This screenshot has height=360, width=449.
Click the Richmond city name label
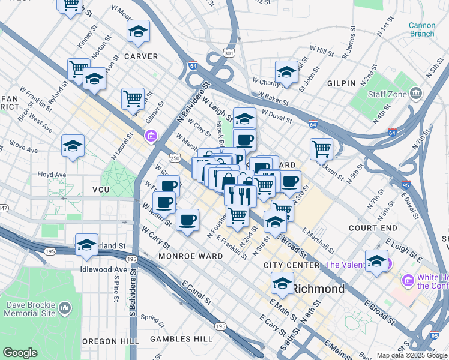[318, 289]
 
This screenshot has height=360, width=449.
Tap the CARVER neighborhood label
[140, 56]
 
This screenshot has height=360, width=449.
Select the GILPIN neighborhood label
[342, 83]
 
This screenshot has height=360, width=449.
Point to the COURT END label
[373, 228]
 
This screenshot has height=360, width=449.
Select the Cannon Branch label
[421, 29]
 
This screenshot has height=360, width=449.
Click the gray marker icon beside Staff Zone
[416, 93]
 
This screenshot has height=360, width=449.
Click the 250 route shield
[174, 158]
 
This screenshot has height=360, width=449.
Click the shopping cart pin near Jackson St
[322, 148]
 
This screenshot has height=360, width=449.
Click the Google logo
[20, 353]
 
